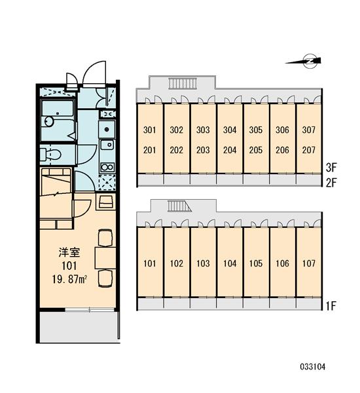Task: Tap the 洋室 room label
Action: pyautogui.click(x=69, y=252)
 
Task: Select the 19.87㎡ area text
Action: pyautogui.click(x=69, y=279)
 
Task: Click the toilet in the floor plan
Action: pyautogui.click(x=50, y=154)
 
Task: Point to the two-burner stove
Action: pyautogui.click(x=107, y=167)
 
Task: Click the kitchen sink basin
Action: pyautogui.click(x=107, y=145)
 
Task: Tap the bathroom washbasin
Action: pyautogui.click(x=49, y=122)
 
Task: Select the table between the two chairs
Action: pyautogui.click(x=105, y=258)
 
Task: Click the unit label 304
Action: pyautogui.click(x=230, y=130)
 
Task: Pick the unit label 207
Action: pyautogui.click(x=308, y=150)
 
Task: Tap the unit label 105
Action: pyautogui.click(x=255, y=263)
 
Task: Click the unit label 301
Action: pyautogui.click(x=149, y=130)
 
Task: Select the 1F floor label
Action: pyautogui.click(x=331, y=306)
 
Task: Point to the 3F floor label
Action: pyautogui.click(x=331, y=168)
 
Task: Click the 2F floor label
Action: pyautogui.click(x=331, y=183)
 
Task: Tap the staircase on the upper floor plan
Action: pyautogui.click(x=183, y=83)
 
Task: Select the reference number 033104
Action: pyautogui.click(x=313, y=367)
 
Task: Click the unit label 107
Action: pyautogui.click(x=308, y=263)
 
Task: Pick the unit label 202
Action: pyautogui.click(x=176, y=150)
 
